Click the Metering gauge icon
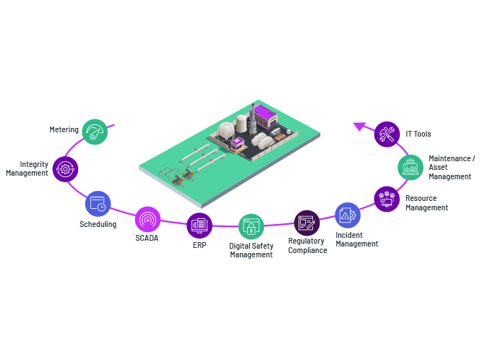click(x=95, y=132)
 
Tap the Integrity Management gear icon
click(x=65, y=169)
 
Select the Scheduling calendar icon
click(x=98, y=204)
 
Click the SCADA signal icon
click(x=147, y=219)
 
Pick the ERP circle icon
click(x=200, y=226)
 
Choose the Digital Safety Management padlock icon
click(x=252, y=227)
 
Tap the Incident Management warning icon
click(x=347, y=215)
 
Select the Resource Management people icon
click(x=387, y=197)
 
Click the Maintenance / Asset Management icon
click(x=411, y=167)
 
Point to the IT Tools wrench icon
click(x=387, y=134)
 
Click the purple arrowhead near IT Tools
click(x=359, y=127)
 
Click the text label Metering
click(x=64, y=129)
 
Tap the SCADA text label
click(x=147, y=238)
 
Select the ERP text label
click(x=200, y=244)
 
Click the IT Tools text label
click(x=419, y=134)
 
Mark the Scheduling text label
click(x=98, y=224)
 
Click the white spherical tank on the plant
click(x=227, y=130)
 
